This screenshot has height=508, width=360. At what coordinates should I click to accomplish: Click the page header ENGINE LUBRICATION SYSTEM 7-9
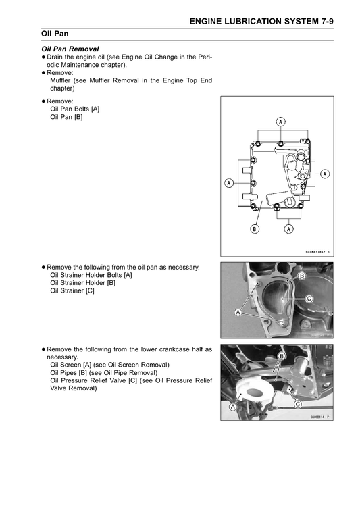click(261, 22)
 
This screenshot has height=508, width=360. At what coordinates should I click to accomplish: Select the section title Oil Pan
click(55, 34)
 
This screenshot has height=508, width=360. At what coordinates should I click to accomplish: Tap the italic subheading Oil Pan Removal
click(70, 49)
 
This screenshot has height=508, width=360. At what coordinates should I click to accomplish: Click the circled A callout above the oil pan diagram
click(280, 122)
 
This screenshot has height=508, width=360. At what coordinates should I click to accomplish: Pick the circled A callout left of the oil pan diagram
click(229, 183)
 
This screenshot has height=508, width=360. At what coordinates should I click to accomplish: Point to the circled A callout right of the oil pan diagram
click(325, 174)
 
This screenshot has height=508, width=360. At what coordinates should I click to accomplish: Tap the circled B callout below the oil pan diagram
click(255, 229)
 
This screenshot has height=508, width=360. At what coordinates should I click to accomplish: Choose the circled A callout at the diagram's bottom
click(288, 229)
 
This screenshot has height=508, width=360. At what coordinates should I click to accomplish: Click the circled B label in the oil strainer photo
click(301, 276)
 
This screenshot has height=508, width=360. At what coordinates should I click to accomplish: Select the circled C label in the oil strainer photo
click(309, 299)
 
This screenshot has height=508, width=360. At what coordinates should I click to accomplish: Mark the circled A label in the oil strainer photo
click(238, 313)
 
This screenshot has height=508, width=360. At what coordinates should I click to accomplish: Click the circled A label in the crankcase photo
click(232, 407)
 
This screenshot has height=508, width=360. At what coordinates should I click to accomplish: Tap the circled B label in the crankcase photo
click(282, 357)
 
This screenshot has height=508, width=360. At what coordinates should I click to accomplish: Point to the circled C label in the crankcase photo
click(297, 404)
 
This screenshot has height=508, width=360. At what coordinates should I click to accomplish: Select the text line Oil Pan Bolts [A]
click(74, 109)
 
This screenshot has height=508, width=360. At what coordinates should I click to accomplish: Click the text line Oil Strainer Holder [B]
click(82, 283)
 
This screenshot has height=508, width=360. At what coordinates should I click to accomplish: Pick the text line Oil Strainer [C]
click(72, 290)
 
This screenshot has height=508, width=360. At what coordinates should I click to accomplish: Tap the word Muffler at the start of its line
click(60, 80)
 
